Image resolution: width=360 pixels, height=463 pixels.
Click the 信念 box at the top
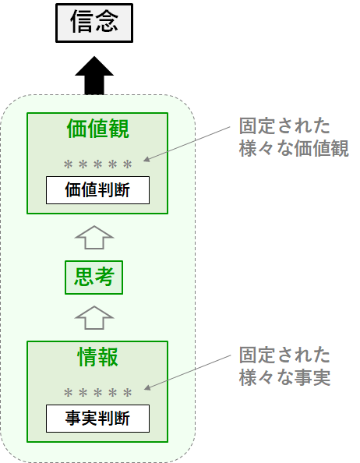coord(94,23)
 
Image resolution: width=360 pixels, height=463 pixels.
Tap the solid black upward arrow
coord(94,76)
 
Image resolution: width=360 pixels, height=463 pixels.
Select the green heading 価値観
coord(97,129)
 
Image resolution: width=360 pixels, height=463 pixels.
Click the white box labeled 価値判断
coord(97,190)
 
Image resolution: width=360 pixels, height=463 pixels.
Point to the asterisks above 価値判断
coord(97,164)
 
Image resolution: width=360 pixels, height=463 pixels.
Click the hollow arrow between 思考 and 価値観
coord(94,238)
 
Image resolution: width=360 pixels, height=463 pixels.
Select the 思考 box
coord(94,277)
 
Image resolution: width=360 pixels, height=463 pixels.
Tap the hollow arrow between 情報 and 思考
coord(94,318)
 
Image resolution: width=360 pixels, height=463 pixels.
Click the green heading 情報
coord(97,357)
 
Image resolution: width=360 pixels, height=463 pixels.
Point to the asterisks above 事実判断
coord(97,393)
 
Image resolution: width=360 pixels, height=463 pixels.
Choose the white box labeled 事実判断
coord(97,419)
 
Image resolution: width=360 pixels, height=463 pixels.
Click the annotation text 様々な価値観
coord(294,148)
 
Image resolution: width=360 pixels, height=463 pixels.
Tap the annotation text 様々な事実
coord(284,377)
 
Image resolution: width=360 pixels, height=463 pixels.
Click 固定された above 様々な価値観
coord(284,126)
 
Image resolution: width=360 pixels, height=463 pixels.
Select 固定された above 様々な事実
coord(284,355)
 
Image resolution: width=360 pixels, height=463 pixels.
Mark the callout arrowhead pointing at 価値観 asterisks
coord(146,159)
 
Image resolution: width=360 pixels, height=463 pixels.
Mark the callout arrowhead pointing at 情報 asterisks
coord(147,387)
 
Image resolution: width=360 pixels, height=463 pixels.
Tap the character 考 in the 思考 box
coord(104,277)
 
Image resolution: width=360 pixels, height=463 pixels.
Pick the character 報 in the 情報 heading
coord(108,357)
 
